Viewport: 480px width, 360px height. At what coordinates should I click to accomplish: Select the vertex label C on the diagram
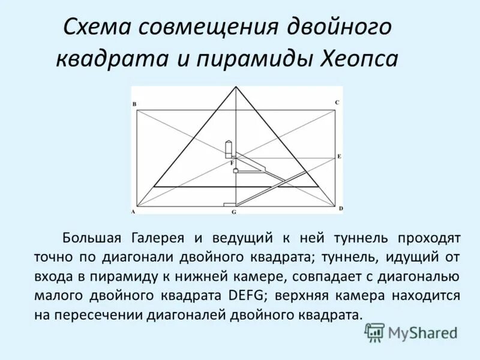[x=337, y=103]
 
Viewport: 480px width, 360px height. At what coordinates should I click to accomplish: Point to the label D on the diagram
[x=340, y=208]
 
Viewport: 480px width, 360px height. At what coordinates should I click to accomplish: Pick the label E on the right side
[x=339, y=156]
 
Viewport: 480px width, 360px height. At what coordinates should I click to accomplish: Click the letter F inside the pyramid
[x=232, y=163]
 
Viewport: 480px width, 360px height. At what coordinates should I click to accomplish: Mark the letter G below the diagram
[x=234, y=212]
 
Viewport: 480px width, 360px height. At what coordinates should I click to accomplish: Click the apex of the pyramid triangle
[x=235, y=87]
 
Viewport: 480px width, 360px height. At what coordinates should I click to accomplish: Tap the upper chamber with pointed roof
[x=228, y=149]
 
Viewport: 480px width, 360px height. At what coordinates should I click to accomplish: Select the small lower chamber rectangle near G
[x=229, y=205]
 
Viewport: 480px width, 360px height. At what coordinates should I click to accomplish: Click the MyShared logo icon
[x=375, y=332]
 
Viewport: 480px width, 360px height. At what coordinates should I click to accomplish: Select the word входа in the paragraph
[x=52, y=277]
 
